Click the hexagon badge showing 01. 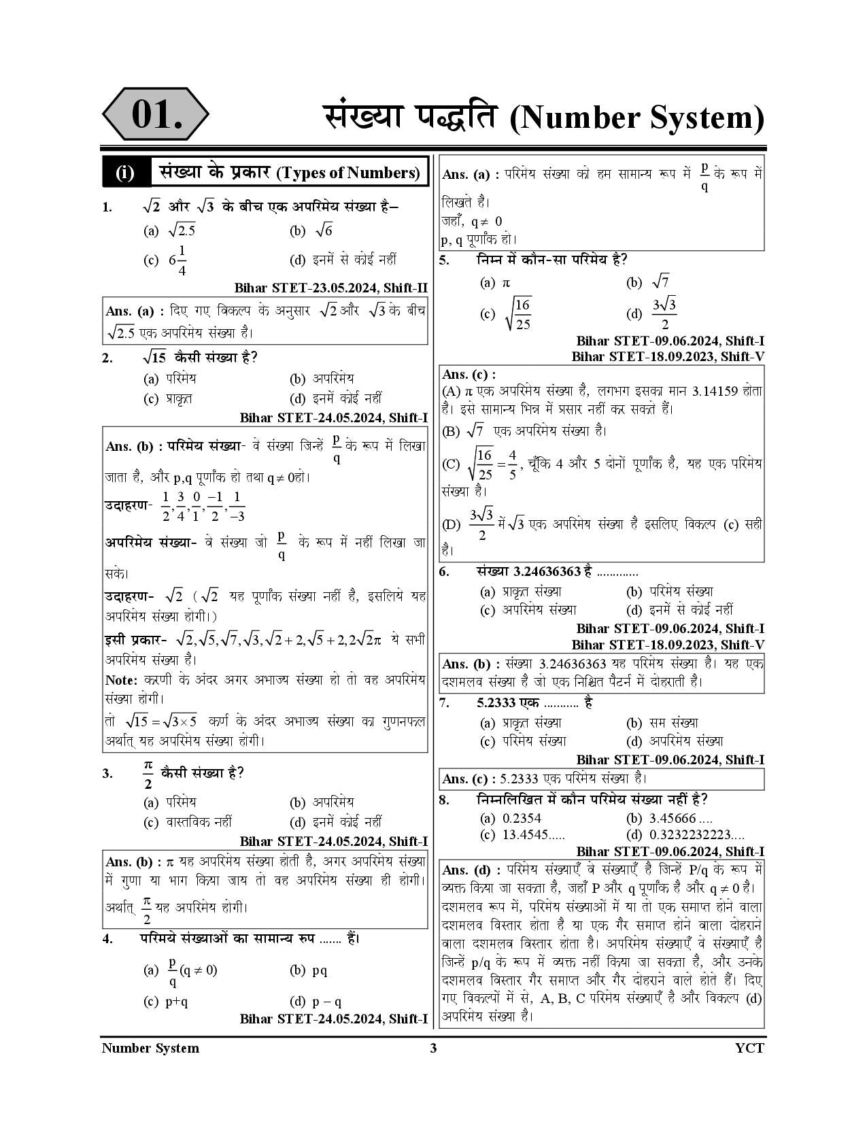click(156, 114)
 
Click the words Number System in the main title click(636, 118)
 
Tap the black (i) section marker click(125, 173)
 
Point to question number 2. click(107, 358)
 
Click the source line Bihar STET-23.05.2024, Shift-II click(330, 288)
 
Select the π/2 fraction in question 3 click(148, 774)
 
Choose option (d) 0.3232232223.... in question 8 click(696, 834)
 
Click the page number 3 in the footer click(433, 1048)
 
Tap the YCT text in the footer click(749, 1048)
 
